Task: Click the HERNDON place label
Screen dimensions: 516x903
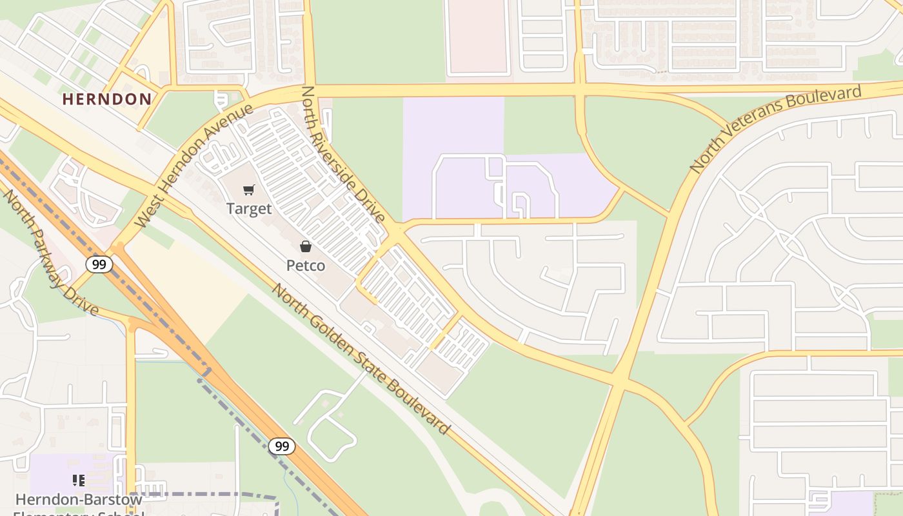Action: [107, 99]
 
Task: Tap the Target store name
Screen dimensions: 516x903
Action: [249, 209]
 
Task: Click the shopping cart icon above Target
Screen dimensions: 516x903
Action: [249, 190]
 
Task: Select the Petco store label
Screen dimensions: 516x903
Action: [306, 265]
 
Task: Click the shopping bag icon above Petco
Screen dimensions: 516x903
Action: [306, 246]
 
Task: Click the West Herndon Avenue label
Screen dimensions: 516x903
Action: [194, 166]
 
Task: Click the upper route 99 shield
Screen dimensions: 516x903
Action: [99, 264]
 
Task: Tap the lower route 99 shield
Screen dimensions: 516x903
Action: [282, 446]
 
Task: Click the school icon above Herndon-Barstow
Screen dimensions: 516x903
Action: [79, 481]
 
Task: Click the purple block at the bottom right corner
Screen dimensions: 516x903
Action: [851, 503]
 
